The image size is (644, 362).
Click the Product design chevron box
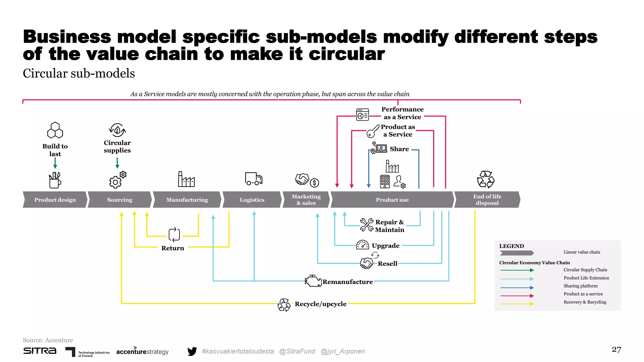(55, 200)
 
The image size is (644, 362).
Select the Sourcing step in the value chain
(119, 200)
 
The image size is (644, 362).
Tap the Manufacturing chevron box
(187, 200)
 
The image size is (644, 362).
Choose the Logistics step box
(252, 200)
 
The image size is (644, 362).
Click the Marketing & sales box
(306, 200)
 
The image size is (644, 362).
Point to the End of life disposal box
(487, 200)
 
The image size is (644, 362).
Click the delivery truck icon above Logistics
(253, 179)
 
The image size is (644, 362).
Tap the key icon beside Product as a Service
(373, 131)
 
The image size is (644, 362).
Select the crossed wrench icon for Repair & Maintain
(367, 225)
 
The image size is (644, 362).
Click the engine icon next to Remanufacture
(313, 281)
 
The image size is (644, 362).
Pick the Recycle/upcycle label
(320, 304)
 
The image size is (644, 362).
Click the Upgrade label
(386, 246)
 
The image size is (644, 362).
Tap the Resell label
(387, 264)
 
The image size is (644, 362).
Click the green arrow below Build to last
(55, 163)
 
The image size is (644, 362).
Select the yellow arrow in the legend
(517, 304)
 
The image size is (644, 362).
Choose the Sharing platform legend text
(580, 286)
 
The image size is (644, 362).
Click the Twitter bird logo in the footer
(192, 351)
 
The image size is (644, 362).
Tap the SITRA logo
(40, 351)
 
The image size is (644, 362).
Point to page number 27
(616, 350)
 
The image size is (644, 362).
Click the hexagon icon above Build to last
(55, 130)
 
